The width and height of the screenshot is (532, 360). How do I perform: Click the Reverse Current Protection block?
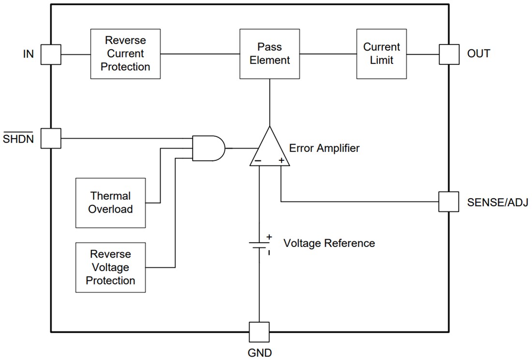pos(125,54)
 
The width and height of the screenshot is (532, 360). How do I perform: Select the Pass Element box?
pos(269,54)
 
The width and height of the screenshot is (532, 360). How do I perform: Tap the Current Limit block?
pos(382,54)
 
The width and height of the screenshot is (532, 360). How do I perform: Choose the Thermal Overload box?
pos(110,202)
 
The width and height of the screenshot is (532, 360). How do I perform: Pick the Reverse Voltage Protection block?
pos(110,267)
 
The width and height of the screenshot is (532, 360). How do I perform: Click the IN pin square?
pos(50,54)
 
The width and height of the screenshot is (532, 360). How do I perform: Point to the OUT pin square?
pos(448,54)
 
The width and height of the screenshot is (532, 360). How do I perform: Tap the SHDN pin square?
pos(50,138)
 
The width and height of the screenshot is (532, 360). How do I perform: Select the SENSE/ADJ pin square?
pos(448,202)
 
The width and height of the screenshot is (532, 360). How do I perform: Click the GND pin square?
pos(259,332)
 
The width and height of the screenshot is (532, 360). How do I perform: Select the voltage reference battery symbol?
pos(259,244)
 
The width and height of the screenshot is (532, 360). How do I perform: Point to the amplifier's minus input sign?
pos(259,160)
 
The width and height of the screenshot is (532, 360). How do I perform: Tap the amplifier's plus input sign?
pos(281,160)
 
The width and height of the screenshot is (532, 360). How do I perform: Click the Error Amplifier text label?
pos(324,148)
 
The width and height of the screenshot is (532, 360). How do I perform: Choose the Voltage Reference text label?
pos(329,243)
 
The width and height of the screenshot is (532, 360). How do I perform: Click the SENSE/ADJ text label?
pos(497,202)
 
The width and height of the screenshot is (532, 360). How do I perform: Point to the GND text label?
pos(259,352)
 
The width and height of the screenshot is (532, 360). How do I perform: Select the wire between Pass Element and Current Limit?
pos(327,54)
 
